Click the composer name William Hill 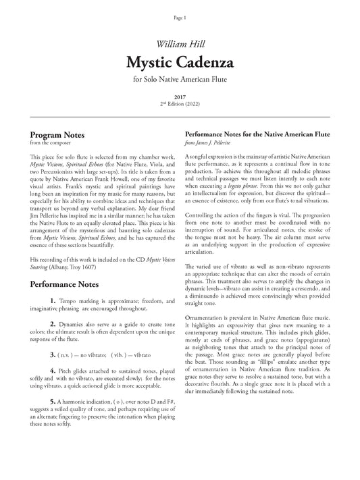(180, 44)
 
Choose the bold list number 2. (53, 325)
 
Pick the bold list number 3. (53, 353)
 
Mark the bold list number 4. (53, 371)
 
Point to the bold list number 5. (53, 402)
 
